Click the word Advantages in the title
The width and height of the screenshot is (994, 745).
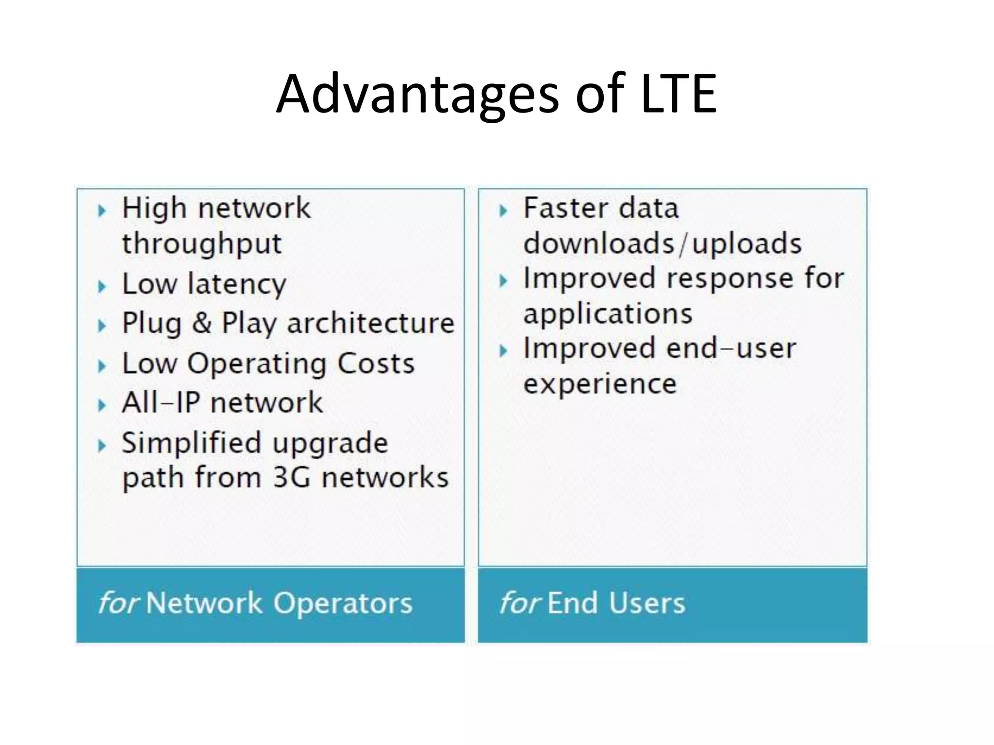tap(418, 95)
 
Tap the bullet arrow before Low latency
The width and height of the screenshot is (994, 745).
tap(102, 286)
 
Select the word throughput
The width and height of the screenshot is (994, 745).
tap(201, 244)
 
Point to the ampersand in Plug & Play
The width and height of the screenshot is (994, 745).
tap(201, 323)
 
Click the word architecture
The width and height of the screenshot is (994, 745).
tap(371, 323)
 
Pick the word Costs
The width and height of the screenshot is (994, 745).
tap(376, 363)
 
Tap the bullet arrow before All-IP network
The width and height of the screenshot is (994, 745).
tap(102, 405)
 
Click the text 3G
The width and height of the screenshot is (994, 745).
tap(291, 477)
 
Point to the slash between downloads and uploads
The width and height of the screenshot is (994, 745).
tap(683, 244)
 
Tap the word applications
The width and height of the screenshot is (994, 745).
tap(608, 314)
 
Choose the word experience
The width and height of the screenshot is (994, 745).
tap(600, 384)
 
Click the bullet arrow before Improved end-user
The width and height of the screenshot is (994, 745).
tap(503, 351)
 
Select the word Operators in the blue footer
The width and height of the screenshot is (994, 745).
tap(343, 603)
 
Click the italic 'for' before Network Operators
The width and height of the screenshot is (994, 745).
tap(118, 603)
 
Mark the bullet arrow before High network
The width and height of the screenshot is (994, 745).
tap(102, 211)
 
